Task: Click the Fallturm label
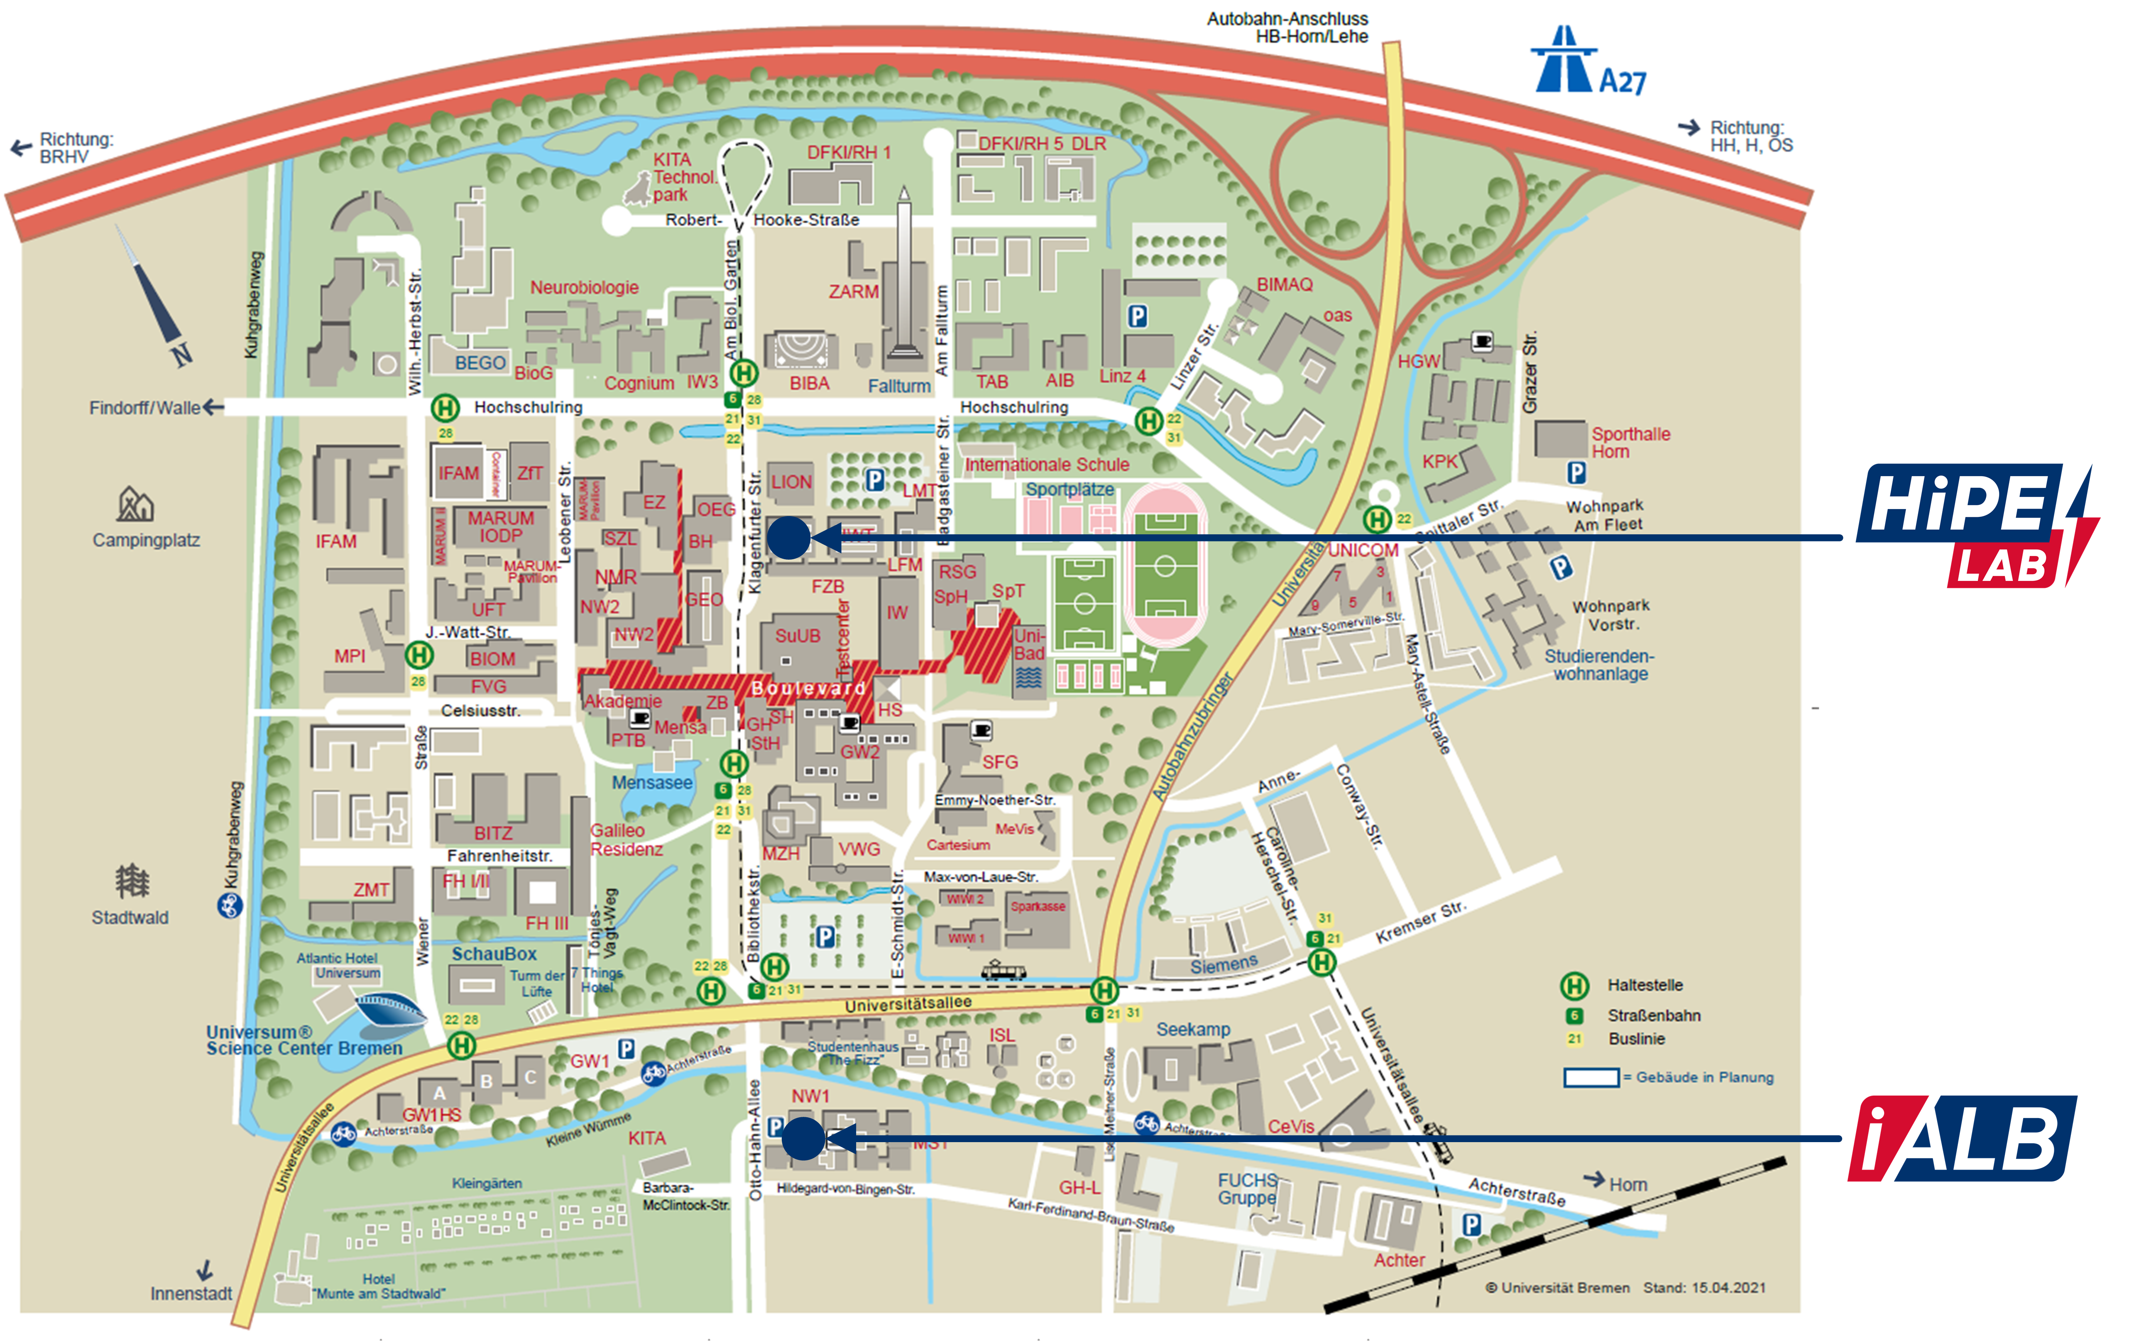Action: tap(898, 386)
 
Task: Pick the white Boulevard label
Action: tap(808, 688)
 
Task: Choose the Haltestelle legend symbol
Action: tap(1574, 985)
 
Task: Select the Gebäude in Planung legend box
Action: tap(1592, 1077)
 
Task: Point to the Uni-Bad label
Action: tap(1029, 644)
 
